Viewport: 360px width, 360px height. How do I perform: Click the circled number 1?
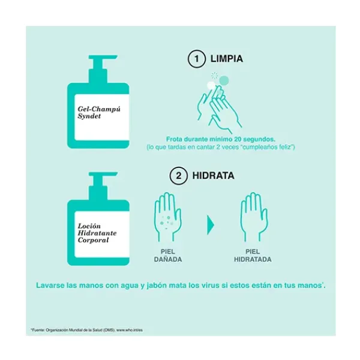pos(197,59)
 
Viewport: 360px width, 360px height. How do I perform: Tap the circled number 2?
pos(178,176)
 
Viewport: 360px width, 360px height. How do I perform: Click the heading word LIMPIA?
pos(227,59)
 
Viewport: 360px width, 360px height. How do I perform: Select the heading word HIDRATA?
pos(213,176)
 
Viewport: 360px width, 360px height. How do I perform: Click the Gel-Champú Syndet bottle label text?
pos(99,113)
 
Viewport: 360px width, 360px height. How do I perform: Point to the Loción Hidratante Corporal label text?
pos(97,233)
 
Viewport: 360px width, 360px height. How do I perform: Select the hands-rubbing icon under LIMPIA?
pos(219,108)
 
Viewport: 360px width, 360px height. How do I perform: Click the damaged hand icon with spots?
pos(168,217)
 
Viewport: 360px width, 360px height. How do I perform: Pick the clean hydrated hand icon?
pos(253,217)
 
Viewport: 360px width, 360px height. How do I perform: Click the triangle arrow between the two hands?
pos(211,225)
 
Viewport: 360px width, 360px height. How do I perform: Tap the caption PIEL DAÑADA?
pos(168,256)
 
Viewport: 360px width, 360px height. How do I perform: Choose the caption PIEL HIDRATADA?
pos(253,256)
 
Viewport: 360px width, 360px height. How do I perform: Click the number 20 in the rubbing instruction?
pos(238,139)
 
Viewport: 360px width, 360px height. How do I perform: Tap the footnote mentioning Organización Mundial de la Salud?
pos(86,330)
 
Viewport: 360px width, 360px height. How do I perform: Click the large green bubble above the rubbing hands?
pos(224,80)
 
